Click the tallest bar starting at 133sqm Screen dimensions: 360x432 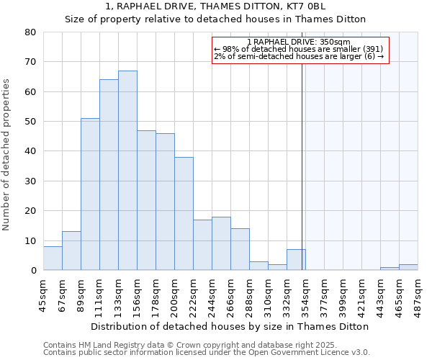click(127, 171)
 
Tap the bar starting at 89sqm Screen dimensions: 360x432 click(90, 194)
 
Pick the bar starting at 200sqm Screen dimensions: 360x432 click(184, 214)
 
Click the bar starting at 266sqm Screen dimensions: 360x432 click(240, 249)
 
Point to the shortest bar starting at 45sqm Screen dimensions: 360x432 click(53, 258)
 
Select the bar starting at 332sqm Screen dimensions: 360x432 click(296, 260)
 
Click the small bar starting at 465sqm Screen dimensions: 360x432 click(408, 267)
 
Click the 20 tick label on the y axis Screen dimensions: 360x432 click(30, 211)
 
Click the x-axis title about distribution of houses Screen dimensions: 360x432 click(230, 326)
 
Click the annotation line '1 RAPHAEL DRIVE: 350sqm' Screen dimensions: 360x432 click(298, 42)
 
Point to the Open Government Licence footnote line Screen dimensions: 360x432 click(207, 353)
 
